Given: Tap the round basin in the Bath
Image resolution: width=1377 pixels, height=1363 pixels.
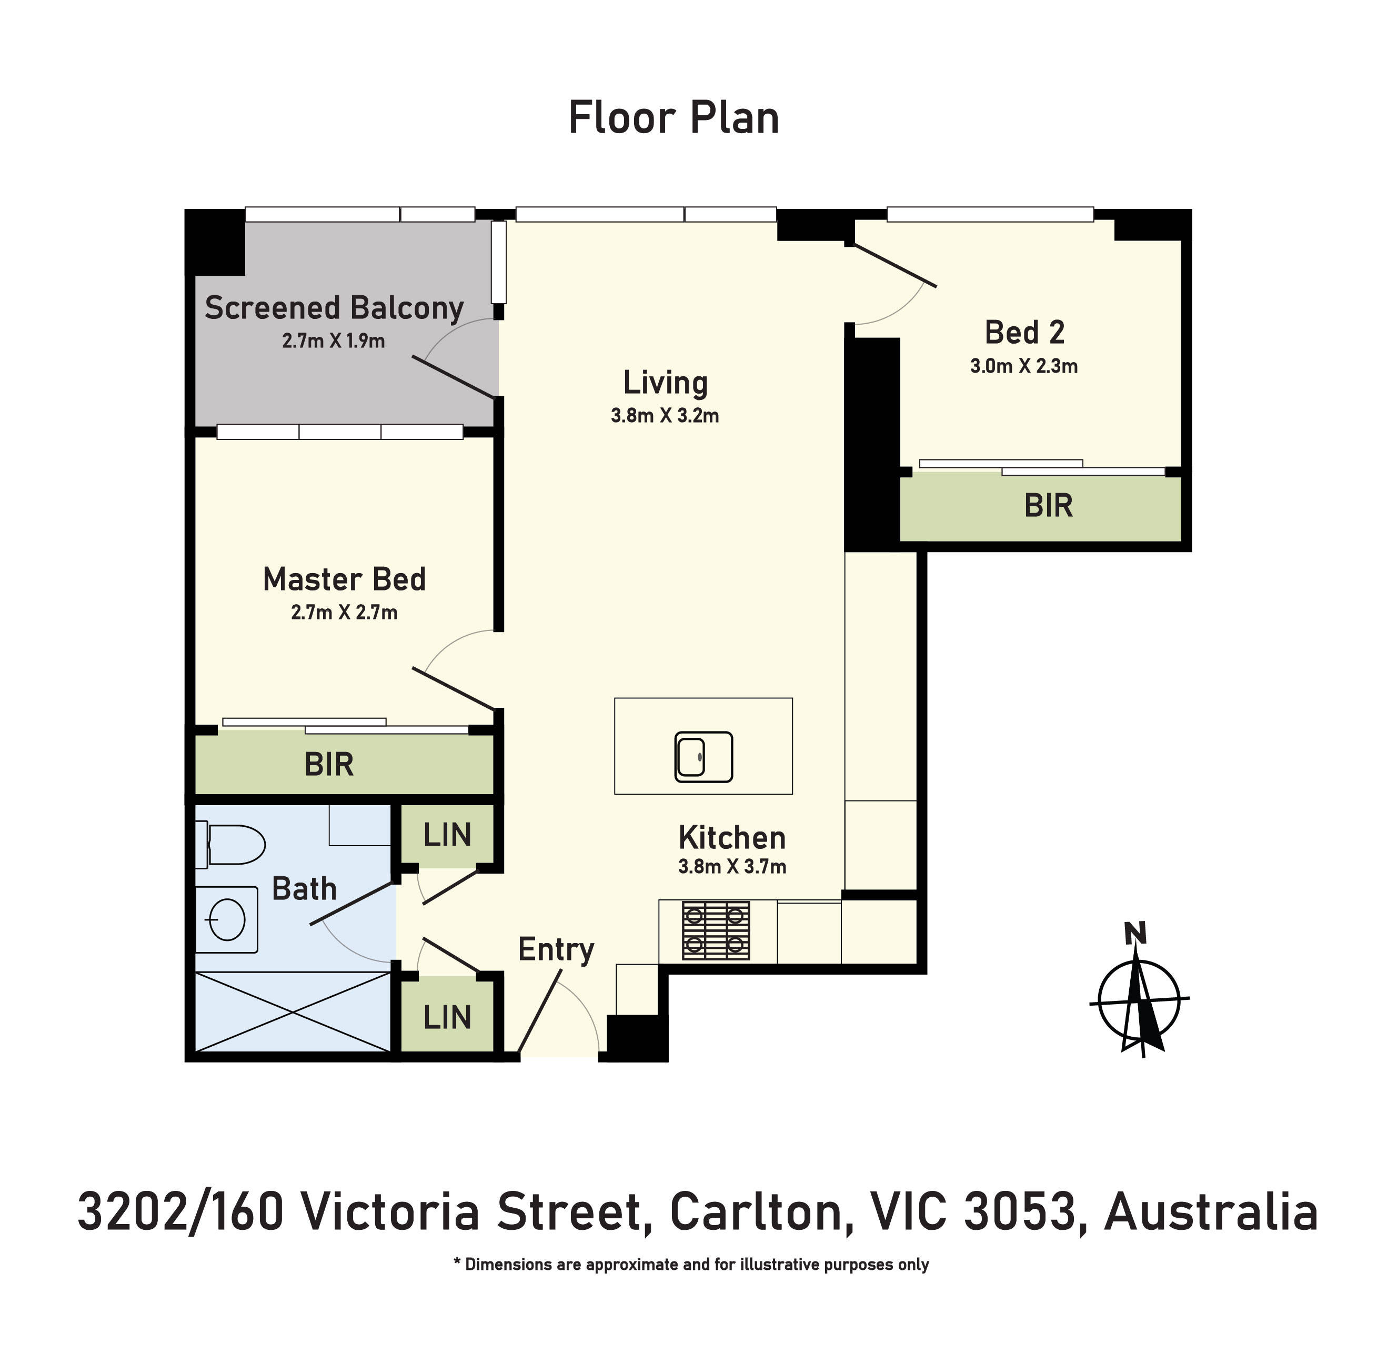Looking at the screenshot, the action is pyautogui.click(x=227, y=919).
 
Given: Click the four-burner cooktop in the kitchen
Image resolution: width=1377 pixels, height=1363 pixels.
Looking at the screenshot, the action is pyautogui.click(x=716, y=930).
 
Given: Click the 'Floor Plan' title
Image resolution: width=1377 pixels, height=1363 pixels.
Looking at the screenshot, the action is pyautogui.click(x=674, y=118).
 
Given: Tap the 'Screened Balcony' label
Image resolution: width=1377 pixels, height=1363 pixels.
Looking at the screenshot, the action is pyautogui.click(x=334, y=308).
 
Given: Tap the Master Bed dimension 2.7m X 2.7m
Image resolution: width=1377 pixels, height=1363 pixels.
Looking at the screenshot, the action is pyautogui.click(x=344, y=613).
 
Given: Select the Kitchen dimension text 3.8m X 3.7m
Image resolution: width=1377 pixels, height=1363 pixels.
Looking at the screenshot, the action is pyautogui.click(x=732, y=867).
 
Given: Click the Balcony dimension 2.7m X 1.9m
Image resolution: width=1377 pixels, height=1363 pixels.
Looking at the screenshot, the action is pyautogui.click(x=334, y=341).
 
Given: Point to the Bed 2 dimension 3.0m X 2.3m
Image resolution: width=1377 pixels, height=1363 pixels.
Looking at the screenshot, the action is pyautogui.click(x=1023, y=366).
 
